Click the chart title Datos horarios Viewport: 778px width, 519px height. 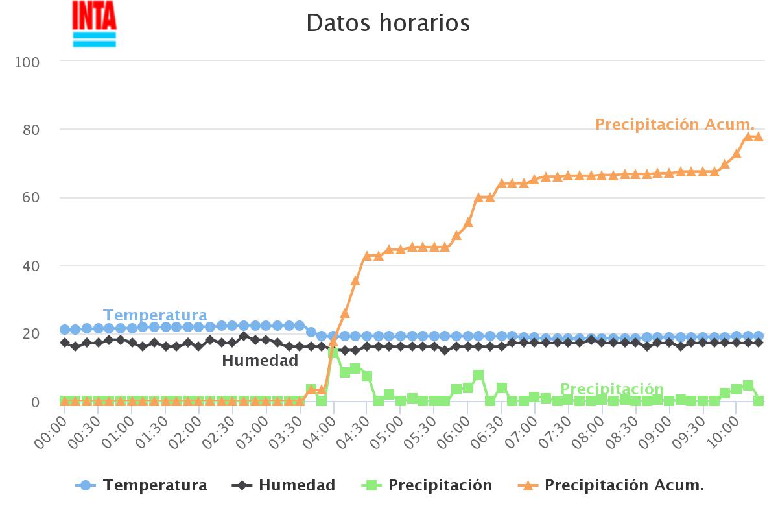pos(388,23)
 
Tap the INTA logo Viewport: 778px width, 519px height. pos(95,24)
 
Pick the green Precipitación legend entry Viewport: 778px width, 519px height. pos(427,485)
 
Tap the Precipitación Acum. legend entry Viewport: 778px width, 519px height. pos(611,485)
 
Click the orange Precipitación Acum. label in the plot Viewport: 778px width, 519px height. pos(675,124)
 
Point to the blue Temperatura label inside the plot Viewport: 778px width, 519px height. pos(155,315)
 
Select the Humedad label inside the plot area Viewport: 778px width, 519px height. pos(260,361)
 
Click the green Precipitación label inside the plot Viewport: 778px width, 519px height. pos(611,389)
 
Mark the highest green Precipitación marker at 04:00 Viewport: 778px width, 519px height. pos(333,352)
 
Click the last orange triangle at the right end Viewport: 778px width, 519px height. pos(759,136)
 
